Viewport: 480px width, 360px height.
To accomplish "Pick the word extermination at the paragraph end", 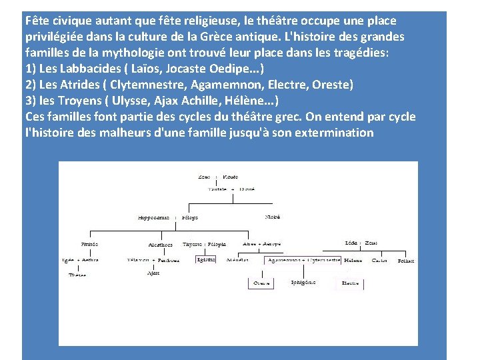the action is [x=333, y=132].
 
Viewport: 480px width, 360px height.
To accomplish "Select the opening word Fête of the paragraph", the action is [x=38, y=21].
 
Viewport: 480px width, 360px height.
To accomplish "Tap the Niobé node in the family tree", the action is [x=273, y=217].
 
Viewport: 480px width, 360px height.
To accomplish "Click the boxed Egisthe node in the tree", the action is [x=206, y=259].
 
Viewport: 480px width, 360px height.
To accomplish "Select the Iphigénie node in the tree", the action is [x=303, y=282].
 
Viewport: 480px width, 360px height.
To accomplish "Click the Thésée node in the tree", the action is [x=77, y=275].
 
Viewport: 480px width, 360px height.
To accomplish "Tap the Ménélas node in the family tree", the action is [x=237, y=260].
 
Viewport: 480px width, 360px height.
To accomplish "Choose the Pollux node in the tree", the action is [x=405, y=261].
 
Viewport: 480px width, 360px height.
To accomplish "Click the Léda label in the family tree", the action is [x=350, y=243].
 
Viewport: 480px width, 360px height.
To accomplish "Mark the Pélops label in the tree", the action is [x=190, y=217].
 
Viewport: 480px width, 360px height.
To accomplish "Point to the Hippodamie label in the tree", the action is [x=153, y=217].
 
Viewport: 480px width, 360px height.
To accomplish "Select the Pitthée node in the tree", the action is [x=89, y=244].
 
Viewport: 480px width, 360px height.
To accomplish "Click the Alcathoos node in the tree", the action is [x=160, y=245].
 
